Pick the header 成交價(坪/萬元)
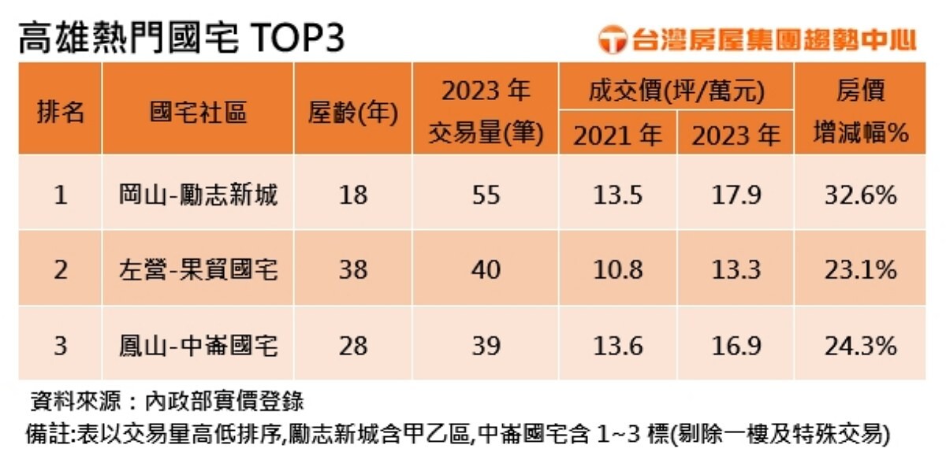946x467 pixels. click(x=676, y=92)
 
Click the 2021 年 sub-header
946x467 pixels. click(x=617, y=135)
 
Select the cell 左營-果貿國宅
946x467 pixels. click(x=198, y=270)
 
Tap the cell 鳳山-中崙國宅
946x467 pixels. click(x=198, y=345)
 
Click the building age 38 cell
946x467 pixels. click(x=352, y=270)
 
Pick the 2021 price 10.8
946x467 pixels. click(x=617, y=270)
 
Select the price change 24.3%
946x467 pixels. click(x=861, y=345)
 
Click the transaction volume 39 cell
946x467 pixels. click(x=485, y=345)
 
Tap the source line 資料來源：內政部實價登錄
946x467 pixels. click(x=166, y=401)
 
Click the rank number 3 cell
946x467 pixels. click(x=61, y=345)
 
